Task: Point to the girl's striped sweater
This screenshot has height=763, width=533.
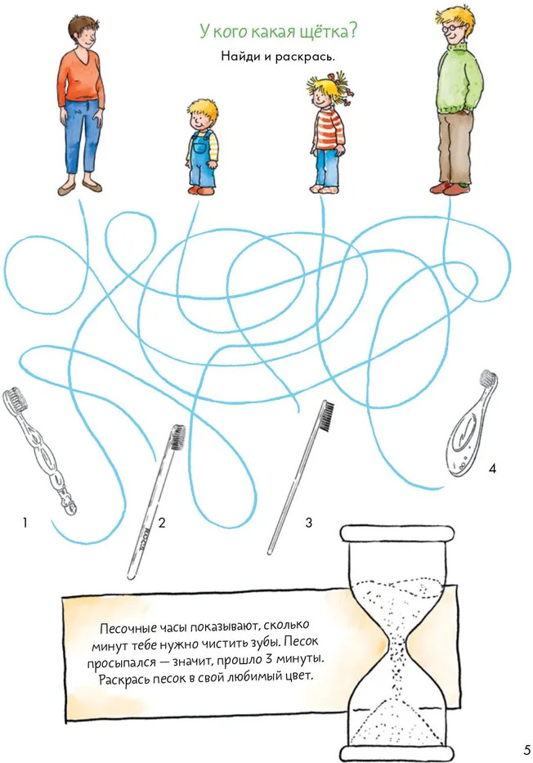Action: click(329, 129)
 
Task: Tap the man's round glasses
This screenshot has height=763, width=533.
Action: click(450, 26)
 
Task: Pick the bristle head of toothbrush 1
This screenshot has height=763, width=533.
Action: click(14, 400)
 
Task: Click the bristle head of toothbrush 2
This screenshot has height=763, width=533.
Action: click(177, 437)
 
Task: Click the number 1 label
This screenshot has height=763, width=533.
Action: click(25, 523)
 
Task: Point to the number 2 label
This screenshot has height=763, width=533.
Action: click(162, 523)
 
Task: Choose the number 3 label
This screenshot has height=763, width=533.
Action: click(308, 523)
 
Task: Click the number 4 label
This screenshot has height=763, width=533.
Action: click(492, 469)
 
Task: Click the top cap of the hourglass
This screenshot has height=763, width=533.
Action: click(396, 533)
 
